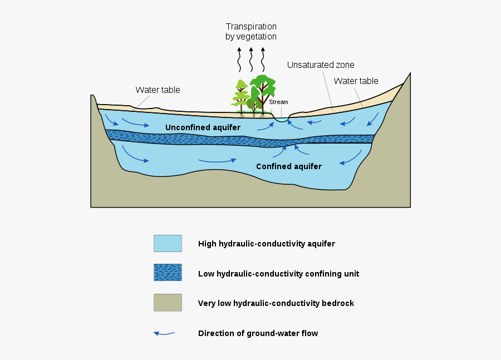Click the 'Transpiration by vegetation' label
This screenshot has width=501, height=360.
(250, 32)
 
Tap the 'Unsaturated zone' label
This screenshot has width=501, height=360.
(321, 65)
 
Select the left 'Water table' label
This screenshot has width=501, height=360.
(158, 90)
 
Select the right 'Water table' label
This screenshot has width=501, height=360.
(356, 81)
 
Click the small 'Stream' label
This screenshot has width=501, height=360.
(278, 102)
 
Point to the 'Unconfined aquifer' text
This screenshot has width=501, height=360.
(203, 127)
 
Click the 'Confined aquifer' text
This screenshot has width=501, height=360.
(288, 166)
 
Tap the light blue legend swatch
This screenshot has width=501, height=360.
(168, 243)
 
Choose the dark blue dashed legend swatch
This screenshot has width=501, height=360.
(168, 273)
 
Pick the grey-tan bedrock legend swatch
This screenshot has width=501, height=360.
(168, 303)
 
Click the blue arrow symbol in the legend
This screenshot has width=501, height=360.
(164, 333)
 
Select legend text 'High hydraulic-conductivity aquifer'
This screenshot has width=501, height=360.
(266, 244)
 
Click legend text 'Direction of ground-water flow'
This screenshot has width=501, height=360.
(258, 333)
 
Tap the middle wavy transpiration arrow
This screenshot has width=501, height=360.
(251, 60)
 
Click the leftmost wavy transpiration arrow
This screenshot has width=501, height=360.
(239, 60)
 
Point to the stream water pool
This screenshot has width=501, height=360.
(282, 119)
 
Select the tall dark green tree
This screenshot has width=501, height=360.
(262, 90)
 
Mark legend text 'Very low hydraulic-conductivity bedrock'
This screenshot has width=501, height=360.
(276, 303)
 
